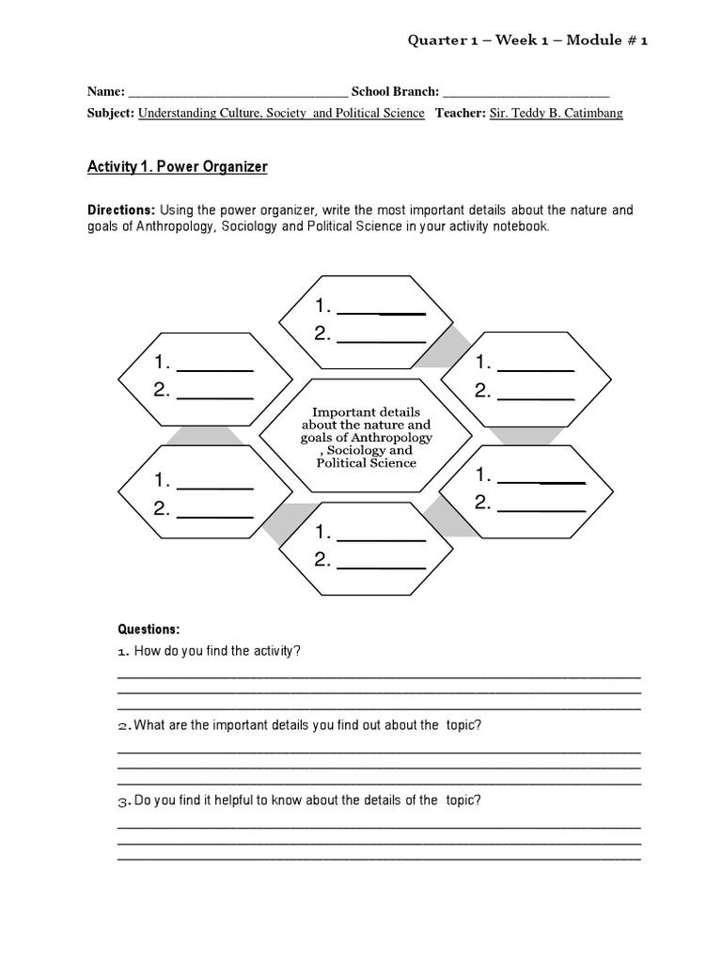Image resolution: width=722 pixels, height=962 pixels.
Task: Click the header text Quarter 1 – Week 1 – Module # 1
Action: pos(527,40)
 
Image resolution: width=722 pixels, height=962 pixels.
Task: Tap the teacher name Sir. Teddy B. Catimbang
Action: pos(557,114)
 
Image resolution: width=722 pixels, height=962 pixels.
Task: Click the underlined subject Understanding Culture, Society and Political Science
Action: pos(281,114)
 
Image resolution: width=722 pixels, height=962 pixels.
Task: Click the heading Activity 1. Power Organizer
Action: pos(178,167)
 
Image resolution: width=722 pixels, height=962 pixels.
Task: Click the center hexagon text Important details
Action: pos(366,411)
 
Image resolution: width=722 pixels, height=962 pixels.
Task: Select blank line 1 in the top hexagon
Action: pos(381,311)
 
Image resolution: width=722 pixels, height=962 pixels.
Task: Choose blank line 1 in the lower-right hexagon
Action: pos(541,480)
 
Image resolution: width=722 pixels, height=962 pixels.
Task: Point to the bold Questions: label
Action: pos(148,629)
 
